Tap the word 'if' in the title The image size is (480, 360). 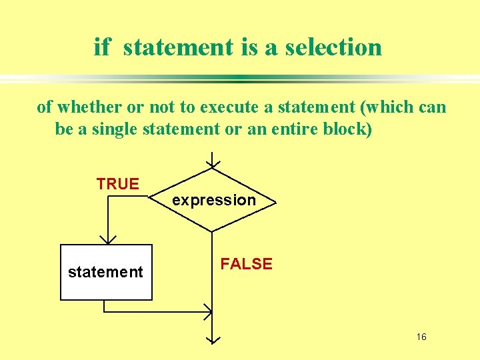pyautogui.click(x=101, y=47)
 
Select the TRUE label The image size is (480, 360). pyautogui.click(x=117, y=184)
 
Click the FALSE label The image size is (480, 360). pyautogui.click(x=247, y=264)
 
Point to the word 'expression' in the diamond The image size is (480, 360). pyautogui.click(x=214, y=200)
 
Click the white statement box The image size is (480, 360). pyautogui.click(x=106, y=272)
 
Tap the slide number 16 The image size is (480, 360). pyautogui.click(x=421, y=337)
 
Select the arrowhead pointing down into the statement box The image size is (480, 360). pyautogui.click(x=107, y=239)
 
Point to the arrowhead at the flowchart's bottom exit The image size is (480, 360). pyautogui.click(x=213, y=338)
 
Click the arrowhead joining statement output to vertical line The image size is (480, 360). pyautogui.click(x=207, y=311)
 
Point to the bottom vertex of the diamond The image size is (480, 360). pyautogui.click(x=213, y=232)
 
